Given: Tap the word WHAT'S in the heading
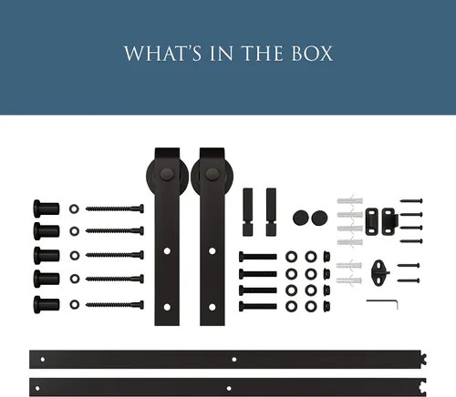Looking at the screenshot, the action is [x=162, y=54].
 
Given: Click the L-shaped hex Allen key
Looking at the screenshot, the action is [x=382, y=303].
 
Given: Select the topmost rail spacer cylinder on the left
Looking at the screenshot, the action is [x=47, y=209].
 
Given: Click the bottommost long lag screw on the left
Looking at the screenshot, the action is [x=115, y=304].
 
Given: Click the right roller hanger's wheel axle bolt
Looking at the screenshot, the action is [x=212, y=174].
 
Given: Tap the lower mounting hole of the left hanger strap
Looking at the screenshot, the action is [x=167, y=307].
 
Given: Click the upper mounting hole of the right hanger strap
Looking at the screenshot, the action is [x=212, y=251].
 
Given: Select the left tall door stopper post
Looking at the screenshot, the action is [x=247, y=212].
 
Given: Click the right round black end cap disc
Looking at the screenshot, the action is [x=319, y=218].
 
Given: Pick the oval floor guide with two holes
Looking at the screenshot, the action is [x=378, y=272].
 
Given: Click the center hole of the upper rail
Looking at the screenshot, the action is [x=234, y=360].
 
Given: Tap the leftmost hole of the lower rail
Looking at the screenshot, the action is [x=37, y=388].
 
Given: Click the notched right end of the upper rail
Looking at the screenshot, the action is [x=423, y=359].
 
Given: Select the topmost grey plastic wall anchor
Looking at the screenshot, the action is [x=350, y=200].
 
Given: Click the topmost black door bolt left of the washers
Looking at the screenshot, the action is [x=258, y=257].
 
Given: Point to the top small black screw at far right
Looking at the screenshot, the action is [x=411, y=200].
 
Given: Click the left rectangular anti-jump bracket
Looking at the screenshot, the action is [x=371, y=221].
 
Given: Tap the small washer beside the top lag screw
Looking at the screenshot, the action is [x=74, y=209].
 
